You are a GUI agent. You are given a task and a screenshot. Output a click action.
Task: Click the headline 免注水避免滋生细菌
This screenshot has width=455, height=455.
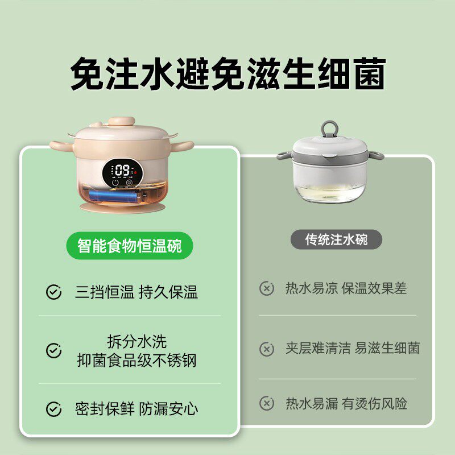pyautogui.click(x=227, y=74)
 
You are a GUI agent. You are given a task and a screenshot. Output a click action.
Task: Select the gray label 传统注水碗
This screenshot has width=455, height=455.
pyautogui.click(x=336, y=239)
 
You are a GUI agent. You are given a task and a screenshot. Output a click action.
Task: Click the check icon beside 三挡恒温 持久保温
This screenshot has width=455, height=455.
pyautogui.click(x=53, y=293)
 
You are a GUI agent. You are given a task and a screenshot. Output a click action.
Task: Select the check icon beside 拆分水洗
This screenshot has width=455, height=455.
pyautogui.click(x=53, y=350)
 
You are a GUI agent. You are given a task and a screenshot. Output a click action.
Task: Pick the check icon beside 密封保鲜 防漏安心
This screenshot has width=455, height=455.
pyautogui.click(x=53, y=408)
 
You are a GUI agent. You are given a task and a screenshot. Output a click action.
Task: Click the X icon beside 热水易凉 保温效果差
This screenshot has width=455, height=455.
pyautogui.click(x=267, y=288)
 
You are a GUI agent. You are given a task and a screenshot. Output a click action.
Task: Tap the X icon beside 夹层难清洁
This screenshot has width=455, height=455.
pyautogui.click(x=267, y=349)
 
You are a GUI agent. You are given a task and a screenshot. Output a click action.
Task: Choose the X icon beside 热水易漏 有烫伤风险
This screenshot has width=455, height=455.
pyautogui.click(x=267, y=404)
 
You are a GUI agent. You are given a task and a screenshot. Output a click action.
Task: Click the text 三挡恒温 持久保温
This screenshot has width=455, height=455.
pyautogui.click(x=136, y=293)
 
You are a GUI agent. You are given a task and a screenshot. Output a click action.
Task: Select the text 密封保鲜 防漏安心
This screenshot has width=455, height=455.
pyautogui.click(x=136, y=408)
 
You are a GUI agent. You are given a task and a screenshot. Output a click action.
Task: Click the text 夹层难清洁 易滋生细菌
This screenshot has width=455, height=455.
pyautogui.click(x=353, y=349)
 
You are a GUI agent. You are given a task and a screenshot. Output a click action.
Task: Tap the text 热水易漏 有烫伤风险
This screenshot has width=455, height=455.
pyautogui.click(x=346, y=404)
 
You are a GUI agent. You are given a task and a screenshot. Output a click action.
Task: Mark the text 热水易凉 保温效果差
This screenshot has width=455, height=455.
pyautogui.click(x=346, y=288)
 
